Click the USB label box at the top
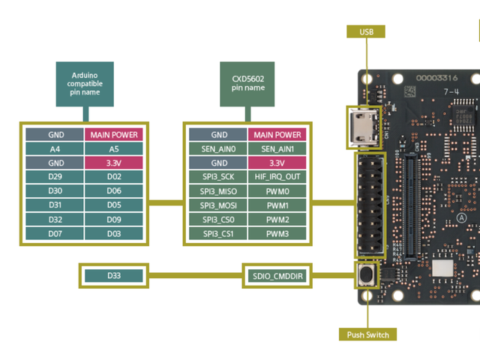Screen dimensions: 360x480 (367, 31)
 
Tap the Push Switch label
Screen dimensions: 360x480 (367, 334)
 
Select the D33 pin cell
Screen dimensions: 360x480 (113, 276)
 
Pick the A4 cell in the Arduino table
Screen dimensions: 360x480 (55, 148)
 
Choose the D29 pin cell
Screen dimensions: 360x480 (55, 177)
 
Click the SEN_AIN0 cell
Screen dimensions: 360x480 (218, 148)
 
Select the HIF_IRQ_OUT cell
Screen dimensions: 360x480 (277, 177)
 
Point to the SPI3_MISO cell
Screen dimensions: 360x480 (218, 191)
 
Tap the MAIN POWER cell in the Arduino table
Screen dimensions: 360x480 (114, 135)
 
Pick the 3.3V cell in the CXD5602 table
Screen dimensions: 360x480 (277, 163)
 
